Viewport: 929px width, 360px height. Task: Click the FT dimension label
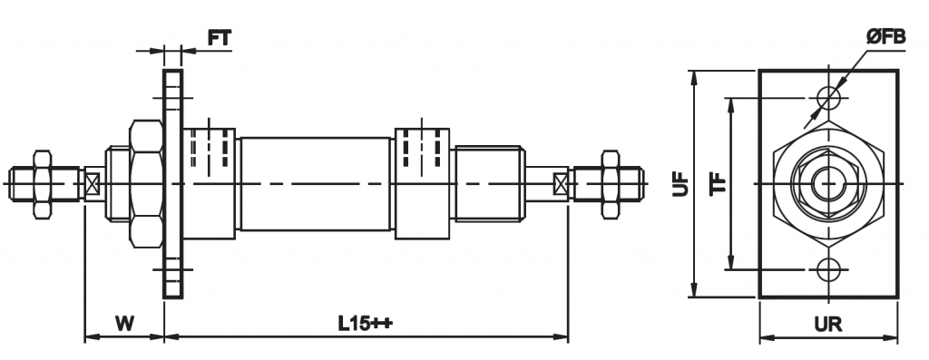[220, 38]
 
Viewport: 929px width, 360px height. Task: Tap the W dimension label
[124, 324]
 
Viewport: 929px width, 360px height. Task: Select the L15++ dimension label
[366, 324]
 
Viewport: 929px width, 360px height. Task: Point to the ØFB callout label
[885, 38]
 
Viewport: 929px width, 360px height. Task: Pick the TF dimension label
[719, 184]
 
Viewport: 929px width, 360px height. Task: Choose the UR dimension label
[828, 325]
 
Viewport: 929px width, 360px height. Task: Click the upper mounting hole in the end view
[829, 98]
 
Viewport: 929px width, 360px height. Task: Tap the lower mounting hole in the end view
[829, 269]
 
